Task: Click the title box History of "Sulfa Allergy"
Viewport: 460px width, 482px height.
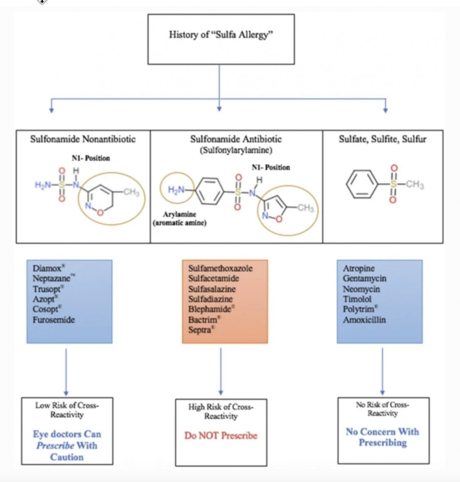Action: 221,39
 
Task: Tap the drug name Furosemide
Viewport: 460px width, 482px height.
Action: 54,320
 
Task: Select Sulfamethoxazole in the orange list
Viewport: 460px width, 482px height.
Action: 220,268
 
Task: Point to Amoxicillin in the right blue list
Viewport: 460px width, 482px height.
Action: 364,320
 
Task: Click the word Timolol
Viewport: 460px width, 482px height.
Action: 357,299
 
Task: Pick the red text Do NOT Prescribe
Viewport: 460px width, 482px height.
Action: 221,435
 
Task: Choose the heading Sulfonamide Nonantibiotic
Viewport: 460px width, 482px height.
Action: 83,139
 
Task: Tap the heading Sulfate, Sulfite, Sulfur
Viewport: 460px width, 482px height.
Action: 383,139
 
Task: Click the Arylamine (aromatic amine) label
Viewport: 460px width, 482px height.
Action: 180,218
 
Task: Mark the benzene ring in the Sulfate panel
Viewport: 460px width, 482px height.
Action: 362,184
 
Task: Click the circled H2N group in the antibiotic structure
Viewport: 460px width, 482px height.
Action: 177,188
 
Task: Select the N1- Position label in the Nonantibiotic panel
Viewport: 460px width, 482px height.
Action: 91,158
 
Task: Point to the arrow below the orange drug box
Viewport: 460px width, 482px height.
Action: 221,371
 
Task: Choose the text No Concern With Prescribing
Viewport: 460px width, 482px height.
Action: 383,437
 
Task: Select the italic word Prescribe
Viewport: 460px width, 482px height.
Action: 55,446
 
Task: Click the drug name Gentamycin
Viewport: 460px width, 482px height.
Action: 364,278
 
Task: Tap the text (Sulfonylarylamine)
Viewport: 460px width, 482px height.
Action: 236,150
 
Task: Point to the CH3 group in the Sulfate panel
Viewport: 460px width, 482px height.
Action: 415,185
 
